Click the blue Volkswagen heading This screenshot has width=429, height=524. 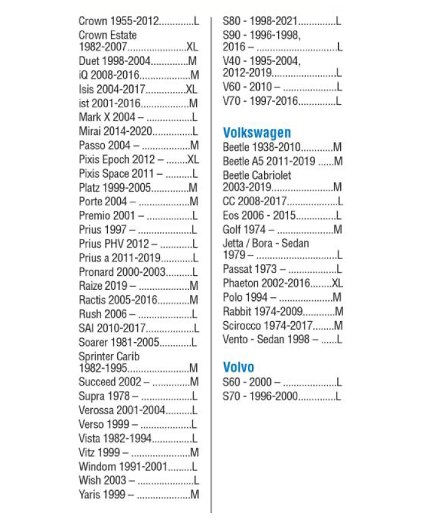tap(257, 132)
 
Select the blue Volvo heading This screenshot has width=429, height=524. tap(238, 367)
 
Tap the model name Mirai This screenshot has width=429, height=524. tap(91, 131)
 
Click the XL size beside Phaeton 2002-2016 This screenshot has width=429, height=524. tap(336, 283)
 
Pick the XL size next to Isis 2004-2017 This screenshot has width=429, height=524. tap(192, 89)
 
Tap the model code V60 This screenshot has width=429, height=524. tap(233, 87)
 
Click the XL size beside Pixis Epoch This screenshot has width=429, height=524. tap(193, 159)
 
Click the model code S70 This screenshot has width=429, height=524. tap(233, 397)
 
